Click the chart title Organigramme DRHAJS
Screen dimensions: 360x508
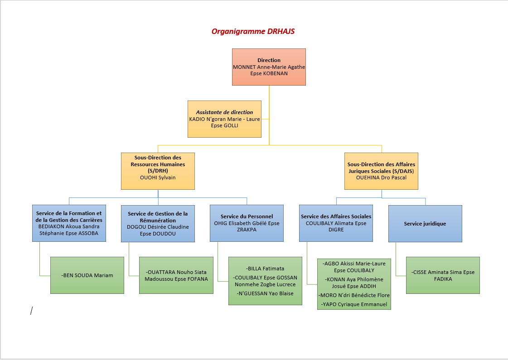point(253,31)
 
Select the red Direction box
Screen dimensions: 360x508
point(269,67)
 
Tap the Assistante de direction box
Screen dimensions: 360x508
point(224,119)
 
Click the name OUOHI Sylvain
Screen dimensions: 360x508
point(158,178)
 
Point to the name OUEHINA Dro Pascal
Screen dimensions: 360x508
point(381,178)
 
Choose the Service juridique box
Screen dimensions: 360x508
point(425,224)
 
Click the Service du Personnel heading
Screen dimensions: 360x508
point(247,216)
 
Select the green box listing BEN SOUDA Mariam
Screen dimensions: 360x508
point(87,275)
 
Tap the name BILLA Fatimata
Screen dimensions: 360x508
point(265,269)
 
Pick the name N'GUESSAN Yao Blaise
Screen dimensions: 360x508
point(265,293)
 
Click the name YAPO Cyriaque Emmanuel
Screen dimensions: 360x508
point(354,304)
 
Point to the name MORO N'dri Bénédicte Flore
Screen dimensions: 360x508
point(354,295)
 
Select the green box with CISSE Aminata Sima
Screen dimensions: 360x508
point(443,275)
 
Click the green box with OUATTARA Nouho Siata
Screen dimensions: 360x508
point(176,275)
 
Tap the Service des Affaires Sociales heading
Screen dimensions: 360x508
point(336,216)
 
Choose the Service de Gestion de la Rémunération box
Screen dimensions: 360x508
point(158,224)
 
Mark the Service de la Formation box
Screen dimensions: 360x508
point(69,224)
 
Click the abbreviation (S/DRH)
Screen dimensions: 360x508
point(158,171)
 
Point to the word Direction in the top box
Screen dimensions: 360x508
point(269,60)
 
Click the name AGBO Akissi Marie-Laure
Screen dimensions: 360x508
point(354,264)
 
